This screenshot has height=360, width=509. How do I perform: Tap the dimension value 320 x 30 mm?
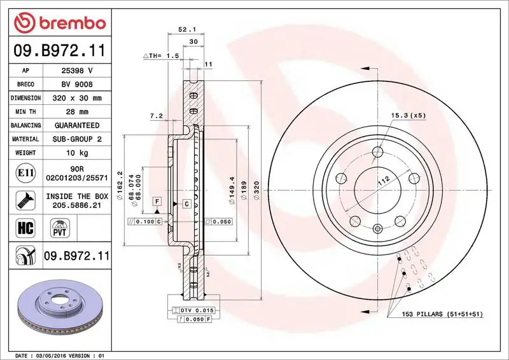tap(76, 98)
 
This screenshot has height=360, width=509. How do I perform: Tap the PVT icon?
tap(61, 227)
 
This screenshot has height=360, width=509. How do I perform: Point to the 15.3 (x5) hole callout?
tap(408, 115)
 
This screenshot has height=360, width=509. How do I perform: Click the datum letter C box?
tap(186, 204)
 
